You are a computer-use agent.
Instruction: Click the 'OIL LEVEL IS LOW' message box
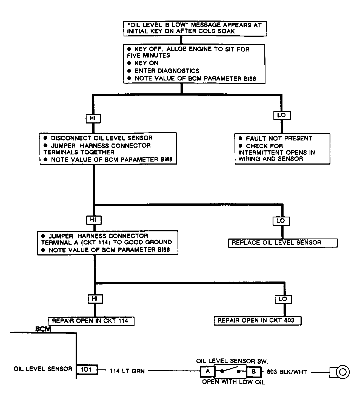coord(195,28)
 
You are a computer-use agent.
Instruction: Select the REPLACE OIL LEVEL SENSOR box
coord(283,243)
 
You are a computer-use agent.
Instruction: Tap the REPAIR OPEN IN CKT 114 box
coord(91,321)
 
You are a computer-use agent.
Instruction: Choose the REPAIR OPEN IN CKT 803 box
coord(258,320)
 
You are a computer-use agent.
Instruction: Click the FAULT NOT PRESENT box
coord(282,149)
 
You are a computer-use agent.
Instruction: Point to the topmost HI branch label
coord(93,119)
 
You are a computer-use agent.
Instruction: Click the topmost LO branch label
coord(282,116)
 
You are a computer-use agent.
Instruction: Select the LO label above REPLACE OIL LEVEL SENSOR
coord(281,221)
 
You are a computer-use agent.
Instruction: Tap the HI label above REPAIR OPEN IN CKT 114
coord(95,299)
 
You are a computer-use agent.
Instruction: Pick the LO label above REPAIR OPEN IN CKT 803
coord(283,299)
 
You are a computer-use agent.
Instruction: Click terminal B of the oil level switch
coord(254,372)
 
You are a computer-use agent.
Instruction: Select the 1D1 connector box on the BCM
coord(87,370)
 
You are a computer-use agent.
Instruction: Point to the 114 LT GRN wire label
coord(127,371)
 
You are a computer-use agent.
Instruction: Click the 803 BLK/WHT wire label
coord(287,372)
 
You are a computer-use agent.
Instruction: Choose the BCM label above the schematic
coord(43,329)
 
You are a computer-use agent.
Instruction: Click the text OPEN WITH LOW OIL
coord(233,382)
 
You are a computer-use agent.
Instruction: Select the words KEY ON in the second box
coord(146,63)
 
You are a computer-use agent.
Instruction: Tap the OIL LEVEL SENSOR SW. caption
coord(232,361)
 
